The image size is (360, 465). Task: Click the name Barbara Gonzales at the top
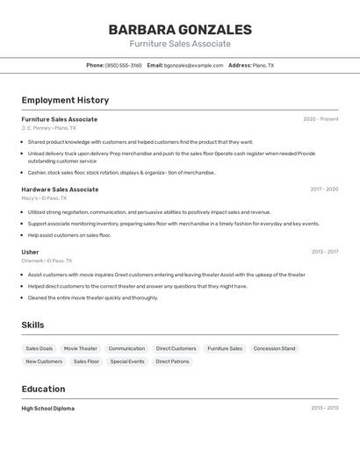(180, 30)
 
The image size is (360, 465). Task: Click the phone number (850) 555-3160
(123, 65)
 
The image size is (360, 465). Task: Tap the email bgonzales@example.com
(194, 65)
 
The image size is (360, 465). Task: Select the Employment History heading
(65, 100)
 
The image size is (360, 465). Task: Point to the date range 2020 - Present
(320, 119)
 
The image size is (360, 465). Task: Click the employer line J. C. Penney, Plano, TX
(49, 128)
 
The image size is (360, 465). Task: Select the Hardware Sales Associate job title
(60, 190)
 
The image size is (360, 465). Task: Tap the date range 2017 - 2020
(324, 190)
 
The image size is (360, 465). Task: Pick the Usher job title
(30, 252)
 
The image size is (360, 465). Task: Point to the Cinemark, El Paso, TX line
(47, 261)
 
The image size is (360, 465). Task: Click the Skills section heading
(33, 325)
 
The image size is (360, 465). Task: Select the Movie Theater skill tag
(81, 348)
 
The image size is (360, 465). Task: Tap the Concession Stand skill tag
(274, 348)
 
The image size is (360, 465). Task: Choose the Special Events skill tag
(127, 361)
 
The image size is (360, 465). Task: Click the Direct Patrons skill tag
(173, 361)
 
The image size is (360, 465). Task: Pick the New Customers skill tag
(44, 361)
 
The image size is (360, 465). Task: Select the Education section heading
(43, 389)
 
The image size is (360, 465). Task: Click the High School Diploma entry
(48, 408)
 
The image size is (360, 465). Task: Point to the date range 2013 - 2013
(324, 408)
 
